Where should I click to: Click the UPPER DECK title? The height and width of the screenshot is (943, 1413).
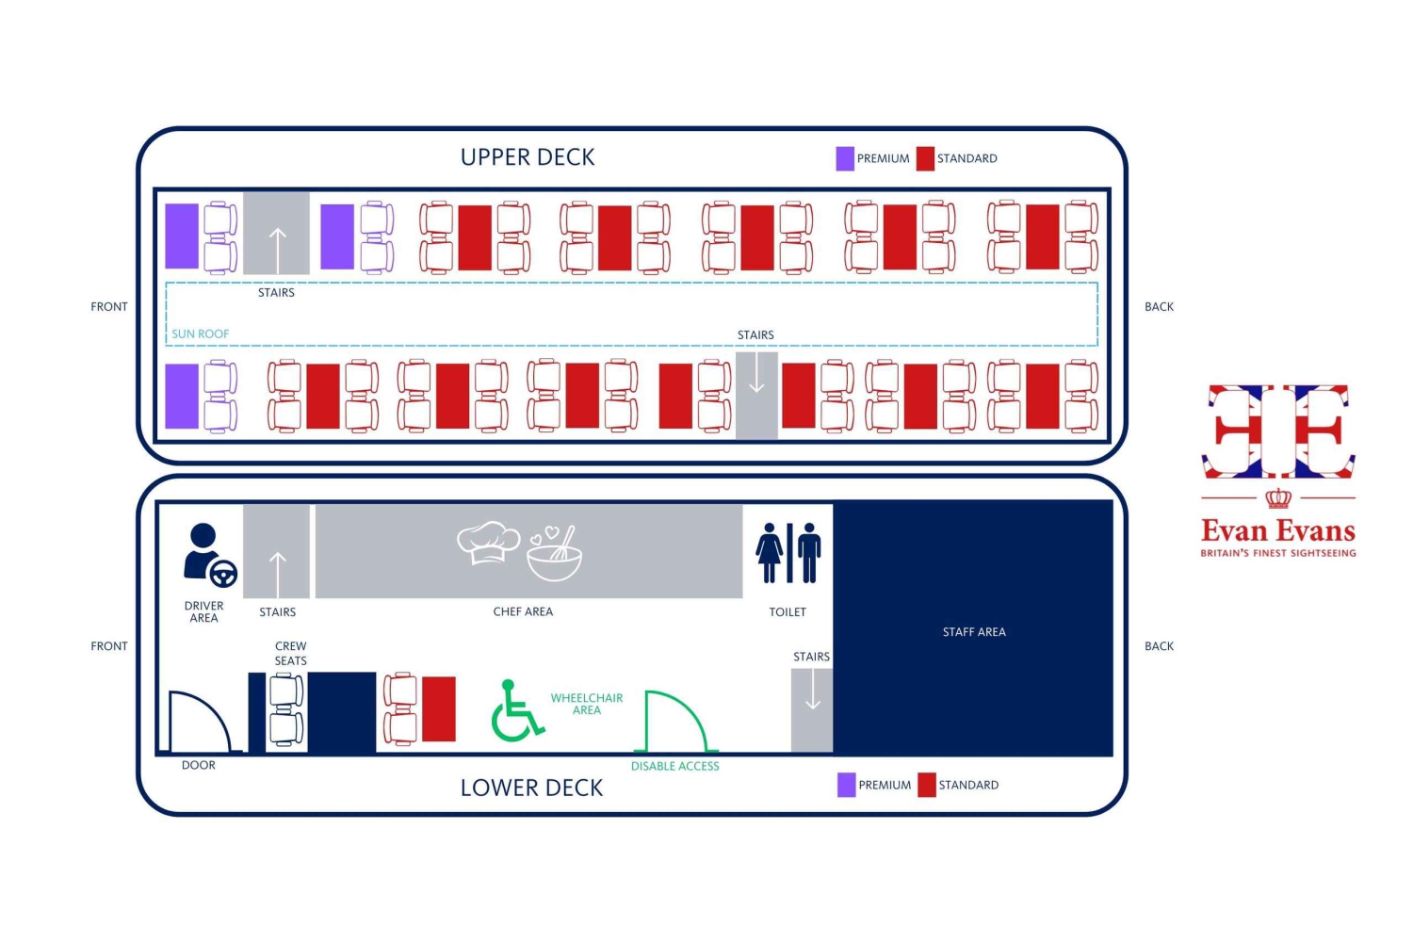528,157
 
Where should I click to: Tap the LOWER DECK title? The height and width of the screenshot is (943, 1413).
531,788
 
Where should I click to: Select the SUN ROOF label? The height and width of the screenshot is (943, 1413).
200,333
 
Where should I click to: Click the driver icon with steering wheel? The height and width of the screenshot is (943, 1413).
210,555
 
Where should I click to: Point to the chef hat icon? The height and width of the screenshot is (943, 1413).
488,542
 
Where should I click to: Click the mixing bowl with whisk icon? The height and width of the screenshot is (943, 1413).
555,553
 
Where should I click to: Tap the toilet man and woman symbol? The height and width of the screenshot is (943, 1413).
788,553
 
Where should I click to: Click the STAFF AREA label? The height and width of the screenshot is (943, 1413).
974,631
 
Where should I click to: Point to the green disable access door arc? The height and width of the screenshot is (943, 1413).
675,721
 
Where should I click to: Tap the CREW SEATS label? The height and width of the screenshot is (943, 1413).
291,653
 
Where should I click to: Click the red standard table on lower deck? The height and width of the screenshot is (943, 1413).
438,709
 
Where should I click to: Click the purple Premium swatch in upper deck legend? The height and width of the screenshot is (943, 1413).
845,158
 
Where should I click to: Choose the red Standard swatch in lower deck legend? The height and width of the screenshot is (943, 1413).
927,785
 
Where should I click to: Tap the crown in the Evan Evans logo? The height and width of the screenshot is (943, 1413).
1278,498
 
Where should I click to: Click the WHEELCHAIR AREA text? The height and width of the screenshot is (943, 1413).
587,704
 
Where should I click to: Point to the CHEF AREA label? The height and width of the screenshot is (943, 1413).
523,611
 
